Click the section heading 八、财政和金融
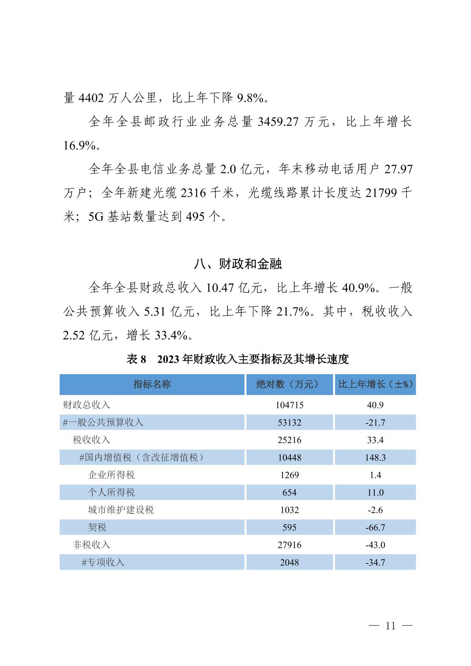238,264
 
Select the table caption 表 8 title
238,359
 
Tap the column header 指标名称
152,384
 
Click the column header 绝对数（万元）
289,384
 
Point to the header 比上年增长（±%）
375,384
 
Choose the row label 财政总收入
86,405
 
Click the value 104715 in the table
289,405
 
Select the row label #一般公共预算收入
103,422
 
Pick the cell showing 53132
289,423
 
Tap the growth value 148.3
375,458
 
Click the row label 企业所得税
111,475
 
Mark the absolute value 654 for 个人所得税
289,493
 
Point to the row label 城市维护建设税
121,510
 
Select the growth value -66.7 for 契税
375,528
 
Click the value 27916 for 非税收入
289,546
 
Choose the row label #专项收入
103,563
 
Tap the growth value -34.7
375,563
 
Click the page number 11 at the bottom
390,626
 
